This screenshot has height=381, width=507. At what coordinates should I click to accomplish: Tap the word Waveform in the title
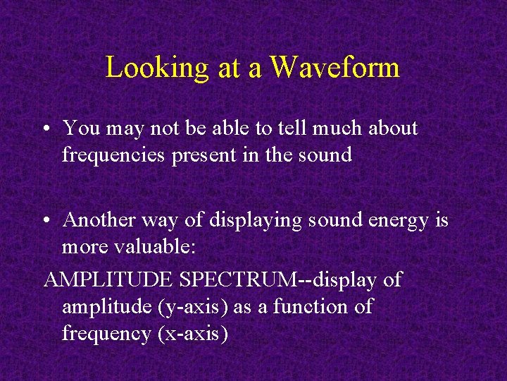coord(334,68)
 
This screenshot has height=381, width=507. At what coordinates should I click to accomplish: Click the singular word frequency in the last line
coord(105,334)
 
